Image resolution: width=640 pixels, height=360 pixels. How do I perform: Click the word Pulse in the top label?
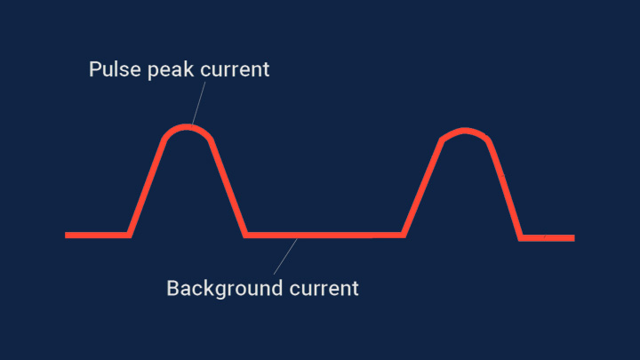coord(116,69)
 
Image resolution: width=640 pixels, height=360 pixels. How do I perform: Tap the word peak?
coord(171,70)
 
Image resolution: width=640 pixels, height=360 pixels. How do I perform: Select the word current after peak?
coord(235,70)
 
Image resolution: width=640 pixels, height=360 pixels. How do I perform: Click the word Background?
coord(225,289)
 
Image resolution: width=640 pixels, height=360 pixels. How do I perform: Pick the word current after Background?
coord(324,289)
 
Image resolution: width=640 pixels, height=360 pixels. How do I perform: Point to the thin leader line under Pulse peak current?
coord(198,104)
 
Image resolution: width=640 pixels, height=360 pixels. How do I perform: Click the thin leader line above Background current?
coord(285,256)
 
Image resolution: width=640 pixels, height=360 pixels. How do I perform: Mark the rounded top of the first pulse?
coord(187,127)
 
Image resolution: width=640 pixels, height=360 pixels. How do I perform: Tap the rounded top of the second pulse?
coord(465,131)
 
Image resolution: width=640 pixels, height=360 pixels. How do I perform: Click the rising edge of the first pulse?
coord(147,188)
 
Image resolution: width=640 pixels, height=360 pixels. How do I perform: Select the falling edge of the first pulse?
coord(228,188)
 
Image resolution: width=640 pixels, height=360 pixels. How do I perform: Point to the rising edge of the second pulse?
coord(423,188)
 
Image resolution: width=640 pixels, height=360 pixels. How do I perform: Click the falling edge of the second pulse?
coord(505,190)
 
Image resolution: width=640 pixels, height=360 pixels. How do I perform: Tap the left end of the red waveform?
coord(66,235)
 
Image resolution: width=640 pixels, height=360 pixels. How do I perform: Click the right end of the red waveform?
coord(574,238)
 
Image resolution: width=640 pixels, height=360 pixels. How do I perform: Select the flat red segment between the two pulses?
coord(324,235)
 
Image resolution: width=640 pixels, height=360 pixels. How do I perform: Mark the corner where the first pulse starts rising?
coord(129,235)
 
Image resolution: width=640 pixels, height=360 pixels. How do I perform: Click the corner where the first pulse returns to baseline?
coord(245,235)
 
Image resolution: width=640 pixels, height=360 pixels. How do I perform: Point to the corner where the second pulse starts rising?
coord(404,235)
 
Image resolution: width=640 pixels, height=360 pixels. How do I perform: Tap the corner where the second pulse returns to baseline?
coord(521,238)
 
